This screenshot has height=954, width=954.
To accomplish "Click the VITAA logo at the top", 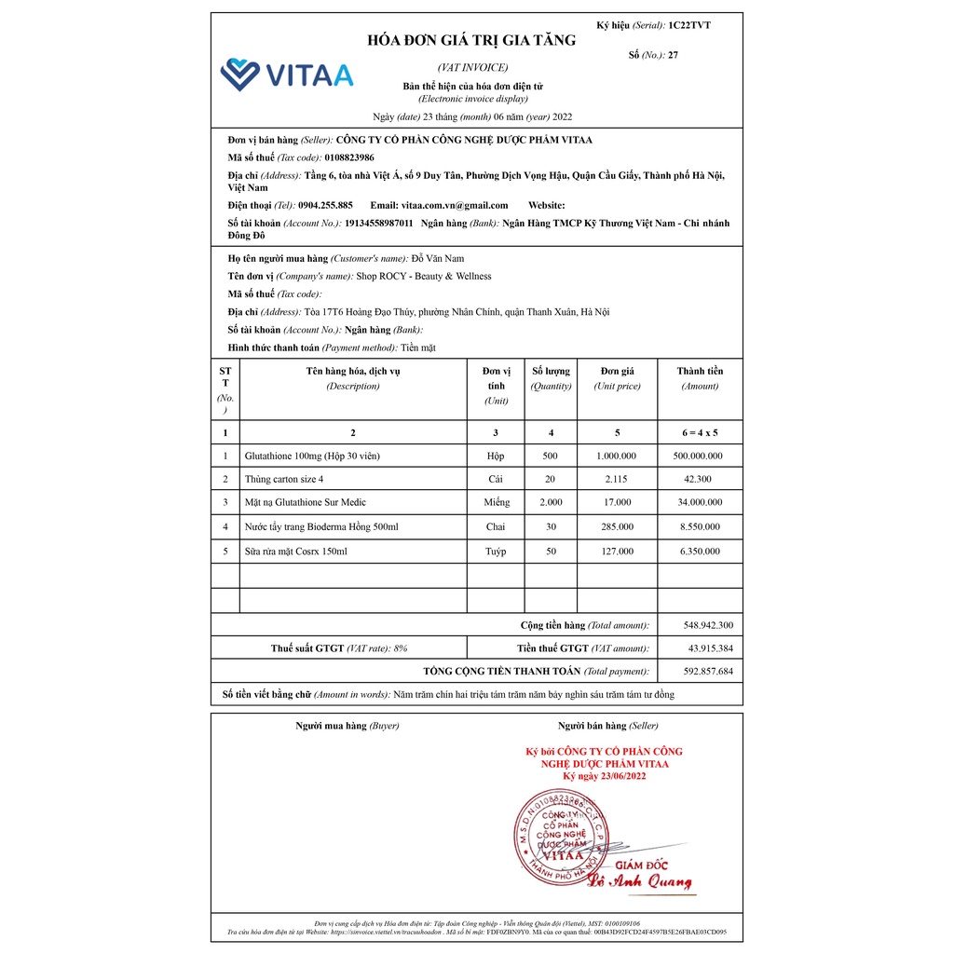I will point(286,75).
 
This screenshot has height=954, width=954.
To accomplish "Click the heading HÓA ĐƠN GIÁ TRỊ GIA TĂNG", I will point(471,40).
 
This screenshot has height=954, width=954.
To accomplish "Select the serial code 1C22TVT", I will point(689,25).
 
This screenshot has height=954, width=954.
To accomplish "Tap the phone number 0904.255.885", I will point(325,205).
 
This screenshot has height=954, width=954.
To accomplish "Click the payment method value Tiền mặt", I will point(418,348).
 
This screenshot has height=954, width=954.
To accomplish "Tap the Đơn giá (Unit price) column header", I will point(617,377).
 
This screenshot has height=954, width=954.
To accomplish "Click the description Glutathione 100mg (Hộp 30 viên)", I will point(312,456).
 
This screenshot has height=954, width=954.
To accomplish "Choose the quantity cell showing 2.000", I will point(551,502).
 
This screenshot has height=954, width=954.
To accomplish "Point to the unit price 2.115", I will point(617,479).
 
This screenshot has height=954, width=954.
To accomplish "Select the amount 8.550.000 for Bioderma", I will point(700,526).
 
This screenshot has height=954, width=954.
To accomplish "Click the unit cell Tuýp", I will point(496,551).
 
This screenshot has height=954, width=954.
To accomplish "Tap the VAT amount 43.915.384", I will point(710,647).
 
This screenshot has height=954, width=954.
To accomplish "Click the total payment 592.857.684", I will point(708,671).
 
